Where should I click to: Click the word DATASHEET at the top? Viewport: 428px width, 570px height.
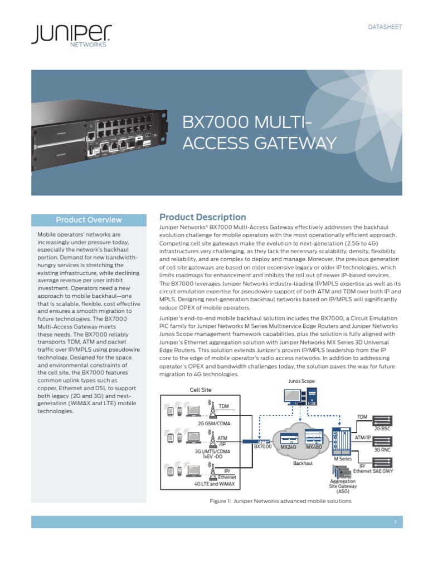[385, 27]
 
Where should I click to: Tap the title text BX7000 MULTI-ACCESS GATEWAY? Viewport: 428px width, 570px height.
[260, 133]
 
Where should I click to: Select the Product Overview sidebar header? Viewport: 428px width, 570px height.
[89, 219]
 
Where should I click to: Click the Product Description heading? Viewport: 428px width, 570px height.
[202, 217]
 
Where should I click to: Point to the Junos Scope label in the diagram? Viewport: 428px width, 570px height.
[301, 381]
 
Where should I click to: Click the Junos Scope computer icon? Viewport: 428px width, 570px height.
[300, 396]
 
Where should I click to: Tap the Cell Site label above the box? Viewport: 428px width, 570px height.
[201, 390]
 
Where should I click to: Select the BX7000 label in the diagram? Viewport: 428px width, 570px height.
[263, 446]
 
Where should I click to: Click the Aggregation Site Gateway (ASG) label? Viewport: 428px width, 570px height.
[343, 486]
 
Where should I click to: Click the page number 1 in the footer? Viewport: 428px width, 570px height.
[395, 522]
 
